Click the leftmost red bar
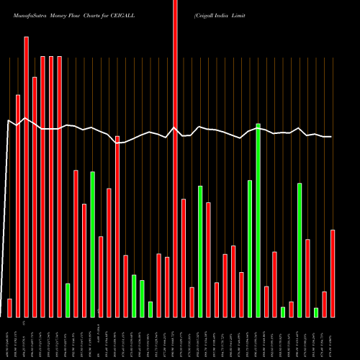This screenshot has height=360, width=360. click(9, 307)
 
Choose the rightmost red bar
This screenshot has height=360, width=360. click(333, 273)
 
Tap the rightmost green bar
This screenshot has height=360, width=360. click(316, 312)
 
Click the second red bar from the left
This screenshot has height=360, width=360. click(18, 205)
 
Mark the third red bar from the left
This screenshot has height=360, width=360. click(26, 176)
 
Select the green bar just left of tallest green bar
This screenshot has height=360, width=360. click(250, 248)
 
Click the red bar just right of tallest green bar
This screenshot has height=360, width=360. click(266, 302)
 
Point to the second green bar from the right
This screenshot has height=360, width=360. click(300, 250)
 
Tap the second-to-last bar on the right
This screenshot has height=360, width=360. click(325, 304)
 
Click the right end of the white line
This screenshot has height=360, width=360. click(331, 137)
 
